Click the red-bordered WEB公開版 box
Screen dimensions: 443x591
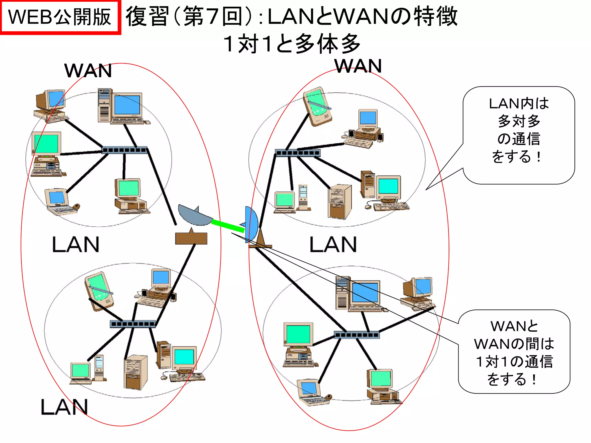pyautogui.click(x=60, y=17)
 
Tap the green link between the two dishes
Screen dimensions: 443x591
pyautogui.click(x=228, y=226)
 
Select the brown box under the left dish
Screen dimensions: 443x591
pyautogui.click(x=191, y=238)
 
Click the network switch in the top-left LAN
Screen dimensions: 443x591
pyautogui.click(x=125, y=150)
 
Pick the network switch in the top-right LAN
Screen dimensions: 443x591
pyautogui.click(x=298, y=153)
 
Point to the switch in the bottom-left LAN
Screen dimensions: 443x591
pyautogui.click(x=133, y=324)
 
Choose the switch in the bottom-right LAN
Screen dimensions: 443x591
pyautogui.click(x=356, y=335)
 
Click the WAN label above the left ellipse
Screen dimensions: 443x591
pyautogui.click(x=88, y=71)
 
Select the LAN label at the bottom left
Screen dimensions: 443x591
pyautogui.click(x=64, y=407)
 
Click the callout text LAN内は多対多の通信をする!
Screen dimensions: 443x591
pyautogui.click(x=519, y=130)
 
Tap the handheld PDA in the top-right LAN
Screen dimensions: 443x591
pyautogui.click(x=317, y=106)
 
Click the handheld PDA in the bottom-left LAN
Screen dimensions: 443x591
pyautogui.click(x=98, y=291)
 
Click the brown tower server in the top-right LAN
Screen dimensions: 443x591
pyautogui.click(x=340, y=202)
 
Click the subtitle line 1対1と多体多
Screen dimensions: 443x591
pyautogui.click(x=292, y=44)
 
